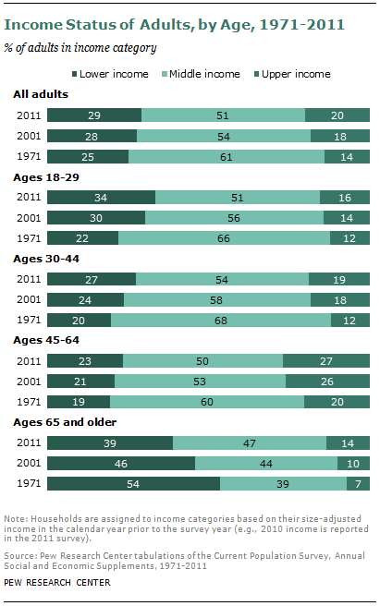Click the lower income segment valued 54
[133, 483]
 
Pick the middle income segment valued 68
[220, 321]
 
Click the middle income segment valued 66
[224, 237]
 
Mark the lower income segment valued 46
[121, 462]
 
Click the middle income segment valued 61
[226, 156]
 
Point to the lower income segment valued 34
[102, 197]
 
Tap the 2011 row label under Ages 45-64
[28, 361]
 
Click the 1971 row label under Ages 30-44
[28, 321]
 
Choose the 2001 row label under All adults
[28, 136]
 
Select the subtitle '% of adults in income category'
[86, 47]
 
